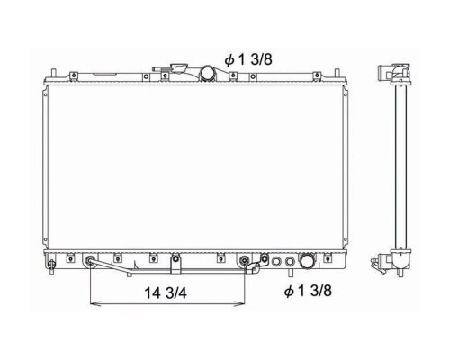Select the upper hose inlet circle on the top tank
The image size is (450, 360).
click(x=208, y=73)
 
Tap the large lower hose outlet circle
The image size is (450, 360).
click(x=307, y=260)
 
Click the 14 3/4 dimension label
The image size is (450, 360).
click(x=166, y=292)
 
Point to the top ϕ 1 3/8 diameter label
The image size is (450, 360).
click(x=248, y=59)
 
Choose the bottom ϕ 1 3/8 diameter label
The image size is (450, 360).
click(x=308, y=291)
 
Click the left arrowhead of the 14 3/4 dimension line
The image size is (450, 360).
click(x=94, y=304)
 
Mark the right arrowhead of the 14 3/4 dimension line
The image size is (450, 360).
click(x=240, y=304)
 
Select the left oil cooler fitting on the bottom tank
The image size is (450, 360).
click(x=90, y=260)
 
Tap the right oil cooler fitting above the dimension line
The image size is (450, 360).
click(x=245, y=260)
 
